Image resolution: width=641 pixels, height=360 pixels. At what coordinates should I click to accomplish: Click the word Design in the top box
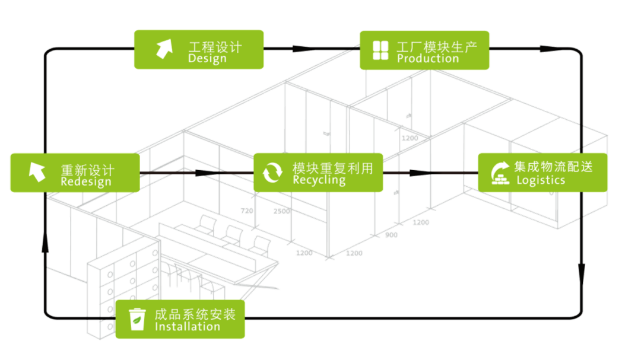(x=207, y=59)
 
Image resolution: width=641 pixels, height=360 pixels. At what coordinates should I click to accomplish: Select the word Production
(x=428, y=59)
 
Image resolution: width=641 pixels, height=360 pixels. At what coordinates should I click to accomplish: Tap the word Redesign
(x=85, y=182)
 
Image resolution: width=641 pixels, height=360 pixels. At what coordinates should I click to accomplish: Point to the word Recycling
(x=319, y=180)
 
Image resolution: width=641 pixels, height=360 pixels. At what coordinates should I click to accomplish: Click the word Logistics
(x=540, y=180)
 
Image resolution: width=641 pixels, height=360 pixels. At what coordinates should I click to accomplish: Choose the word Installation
(x=187, y=326)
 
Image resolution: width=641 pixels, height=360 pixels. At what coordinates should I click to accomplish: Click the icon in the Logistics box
(x=499, y=173)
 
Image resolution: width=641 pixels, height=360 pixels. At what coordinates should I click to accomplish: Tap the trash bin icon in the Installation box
(x=137, y=320)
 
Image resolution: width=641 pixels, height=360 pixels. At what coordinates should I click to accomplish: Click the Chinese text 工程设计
(x=215, y=46)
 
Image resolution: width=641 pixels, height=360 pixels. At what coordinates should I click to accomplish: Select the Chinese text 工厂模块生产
(x=437, y=46)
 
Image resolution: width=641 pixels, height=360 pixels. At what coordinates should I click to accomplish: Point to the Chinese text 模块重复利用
(x=332, y=168)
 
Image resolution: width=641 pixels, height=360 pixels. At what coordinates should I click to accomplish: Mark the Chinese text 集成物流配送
(x=553, y=167)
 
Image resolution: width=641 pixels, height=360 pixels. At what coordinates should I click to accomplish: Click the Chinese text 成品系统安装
(x=195, y=314)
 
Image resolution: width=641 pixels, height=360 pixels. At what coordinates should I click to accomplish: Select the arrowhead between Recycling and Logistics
(x=419, y=173)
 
